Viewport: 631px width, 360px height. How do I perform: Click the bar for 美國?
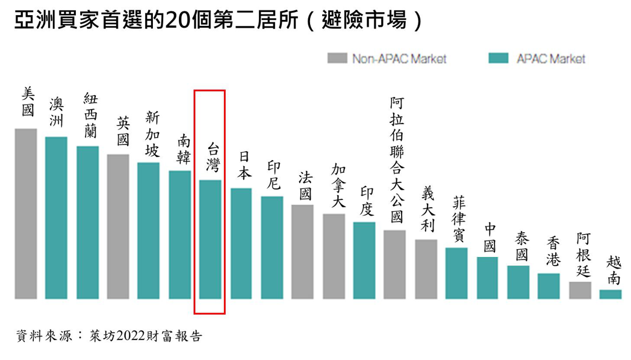coord(26,214)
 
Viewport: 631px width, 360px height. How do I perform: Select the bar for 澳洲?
coord(56,217)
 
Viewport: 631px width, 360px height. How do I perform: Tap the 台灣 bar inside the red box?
coord(210,239)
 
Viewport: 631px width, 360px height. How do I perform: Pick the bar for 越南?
coord(610,294)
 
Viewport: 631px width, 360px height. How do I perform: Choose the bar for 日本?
coord(241,243)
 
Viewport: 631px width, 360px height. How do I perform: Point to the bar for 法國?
coord(302,252)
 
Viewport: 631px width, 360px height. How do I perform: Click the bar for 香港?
coord(549,286)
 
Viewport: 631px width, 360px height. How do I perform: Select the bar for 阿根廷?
coord(580,290)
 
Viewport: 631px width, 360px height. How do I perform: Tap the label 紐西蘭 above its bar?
coord(90,115)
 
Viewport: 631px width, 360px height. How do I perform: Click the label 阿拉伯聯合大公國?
coord(396,160)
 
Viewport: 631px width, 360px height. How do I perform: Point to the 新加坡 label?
coord(152,134)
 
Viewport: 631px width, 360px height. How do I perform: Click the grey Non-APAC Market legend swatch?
coord(337,58)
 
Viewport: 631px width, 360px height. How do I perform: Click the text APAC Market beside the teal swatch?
coord(550,59)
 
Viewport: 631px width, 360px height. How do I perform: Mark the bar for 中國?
coord(487,278)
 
